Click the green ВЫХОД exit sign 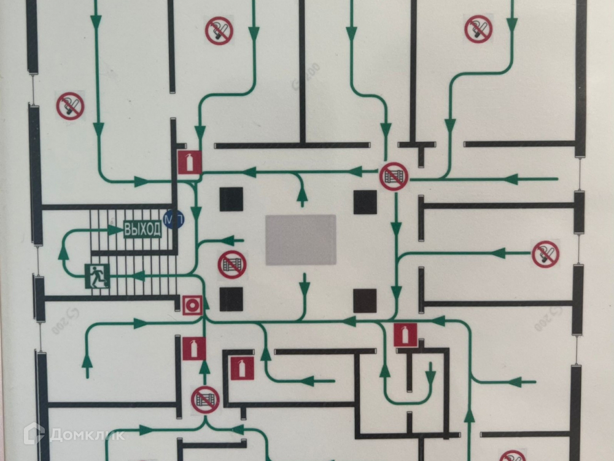pos(142,230)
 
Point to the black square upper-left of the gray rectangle pos(231,200)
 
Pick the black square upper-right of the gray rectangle pos(365,202)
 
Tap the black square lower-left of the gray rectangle pos(231,299)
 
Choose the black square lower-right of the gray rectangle pos(365,301)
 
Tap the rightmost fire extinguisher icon pos(405,335)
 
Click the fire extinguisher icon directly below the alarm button pos(194,349)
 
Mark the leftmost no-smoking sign pos(71,106)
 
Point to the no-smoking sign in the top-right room pos(478,29)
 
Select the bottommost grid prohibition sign pos(205,400)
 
